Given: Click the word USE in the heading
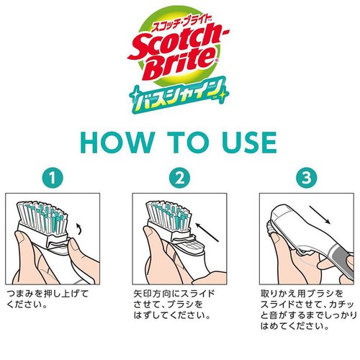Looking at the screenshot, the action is point(250,143).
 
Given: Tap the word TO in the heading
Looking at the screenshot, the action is point(188,143).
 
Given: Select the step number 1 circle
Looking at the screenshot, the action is point(53,178).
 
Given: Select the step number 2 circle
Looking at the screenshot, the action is point(179,178).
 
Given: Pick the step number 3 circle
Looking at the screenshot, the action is point(307,178).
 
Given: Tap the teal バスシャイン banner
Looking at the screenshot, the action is point(179,95).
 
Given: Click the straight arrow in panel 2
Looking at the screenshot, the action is point(207,233).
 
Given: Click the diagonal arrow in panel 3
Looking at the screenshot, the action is point(320,215).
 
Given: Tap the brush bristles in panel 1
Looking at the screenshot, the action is point(42,217).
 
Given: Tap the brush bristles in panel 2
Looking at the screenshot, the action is point(169,215).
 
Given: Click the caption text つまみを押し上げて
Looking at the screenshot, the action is point(48,294).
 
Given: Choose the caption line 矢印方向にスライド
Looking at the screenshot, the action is point(174,294).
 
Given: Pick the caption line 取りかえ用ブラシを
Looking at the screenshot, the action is point(302,294).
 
